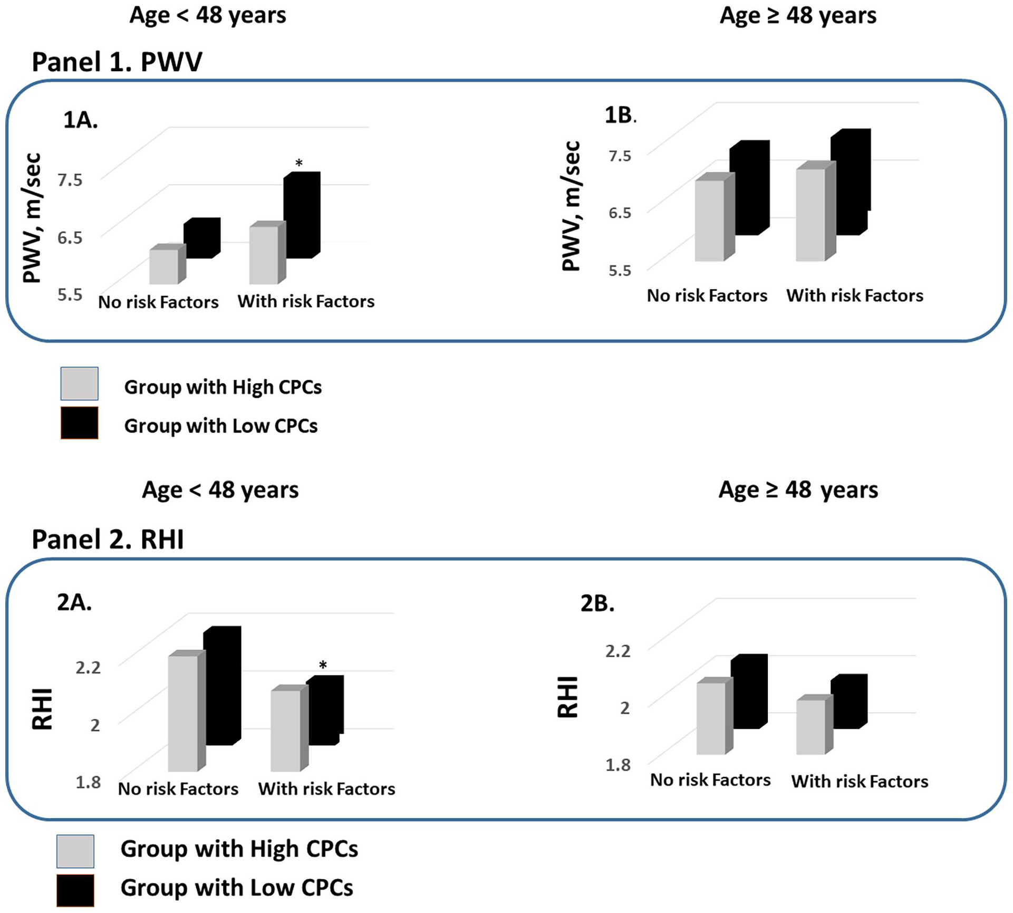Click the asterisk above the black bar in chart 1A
click(x=299, y=164)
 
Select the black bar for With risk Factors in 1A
click(x=302, y=215)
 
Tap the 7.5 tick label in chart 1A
click(x=70, y=180)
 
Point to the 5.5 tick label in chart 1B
click(x=620, y=271)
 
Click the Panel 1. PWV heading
click(x=117, y=62)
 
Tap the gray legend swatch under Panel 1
click(x=79, y=383)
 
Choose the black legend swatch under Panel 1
click(x=79, y=423)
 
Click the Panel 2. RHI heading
click(x=108, y=540)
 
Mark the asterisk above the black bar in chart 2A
click(x=323, y=666)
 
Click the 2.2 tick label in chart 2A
click(x=88, y=668)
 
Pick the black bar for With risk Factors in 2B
click(x=850, y=701)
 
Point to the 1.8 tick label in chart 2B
click(x=618, y=765)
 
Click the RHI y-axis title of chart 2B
click(x=568, y=697)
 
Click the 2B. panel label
click(x=597, y=603)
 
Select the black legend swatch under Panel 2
click(x=75, y=891)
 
